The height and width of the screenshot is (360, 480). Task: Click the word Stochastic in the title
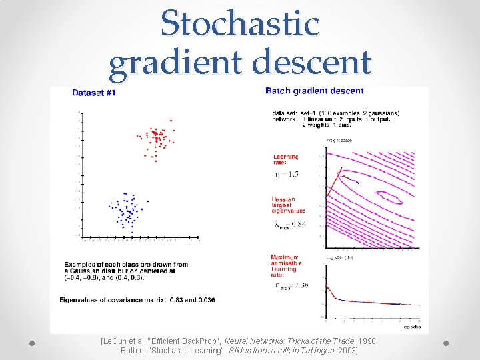coord(240,24)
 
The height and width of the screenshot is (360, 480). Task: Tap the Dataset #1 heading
coord(93,93)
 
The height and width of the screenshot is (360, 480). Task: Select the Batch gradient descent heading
coord(315,91)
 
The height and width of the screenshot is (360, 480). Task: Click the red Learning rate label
coord(285,160)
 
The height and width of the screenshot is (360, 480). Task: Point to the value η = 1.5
coord(287,175)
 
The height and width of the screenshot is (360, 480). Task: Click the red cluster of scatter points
coord(157,141)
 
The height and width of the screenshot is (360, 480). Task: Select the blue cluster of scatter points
coord(125,209)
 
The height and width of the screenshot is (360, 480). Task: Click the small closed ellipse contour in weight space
coord(389,197)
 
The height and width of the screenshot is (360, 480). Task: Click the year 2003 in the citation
coord(346,350)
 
